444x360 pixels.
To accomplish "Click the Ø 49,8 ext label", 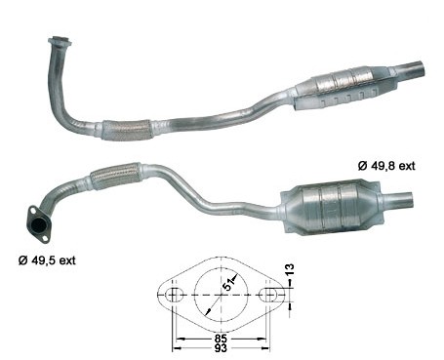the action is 386,166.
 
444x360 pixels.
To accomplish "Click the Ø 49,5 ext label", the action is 47,260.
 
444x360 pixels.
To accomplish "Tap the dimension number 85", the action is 221,338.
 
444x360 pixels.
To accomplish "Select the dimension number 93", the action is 221,348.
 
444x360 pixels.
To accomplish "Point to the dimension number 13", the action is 289,269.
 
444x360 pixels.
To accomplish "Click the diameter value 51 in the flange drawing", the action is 229,284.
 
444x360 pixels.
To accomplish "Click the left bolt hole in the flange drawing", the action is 173,296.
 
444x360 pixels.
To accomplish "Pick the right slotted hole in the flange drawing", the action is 268,296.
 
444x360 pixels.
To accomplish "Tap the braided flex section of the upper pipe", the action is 126,130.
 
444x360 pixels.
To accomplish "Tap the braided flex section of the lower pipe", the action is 116,176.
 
